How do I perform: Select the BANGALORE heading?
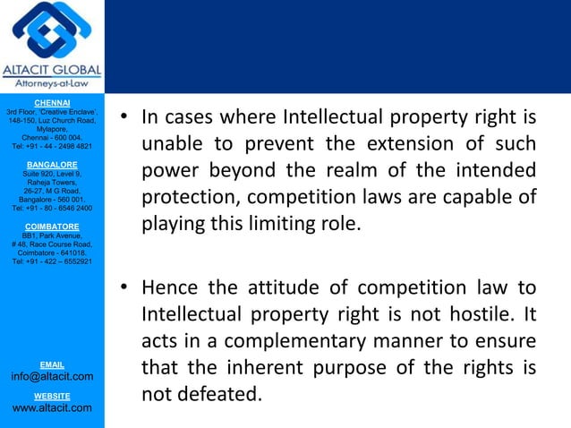click(51, 165)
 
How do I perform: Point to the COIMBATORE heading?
click(51, 227)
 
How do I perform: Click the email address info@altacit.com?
click(51, 377)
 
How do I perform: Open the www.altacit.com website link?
click(51, 408)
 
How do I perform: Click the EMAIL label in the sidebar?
click(51, 364)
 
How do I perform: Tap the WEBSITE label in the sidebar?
click(51, 395)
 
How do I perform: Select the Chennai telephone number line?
click(51, 146)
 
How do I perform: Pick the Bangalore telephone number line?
click(51, 208)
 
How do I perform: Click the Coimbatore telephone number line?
click(51, 261)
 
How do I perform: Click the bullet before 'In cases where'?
click(126, 117)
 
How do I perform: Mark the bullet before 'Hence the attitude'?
click(126, 288)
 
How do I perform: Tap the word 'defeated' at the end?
click(215, 395)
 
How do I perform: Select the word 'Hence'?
click(169, 288)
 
